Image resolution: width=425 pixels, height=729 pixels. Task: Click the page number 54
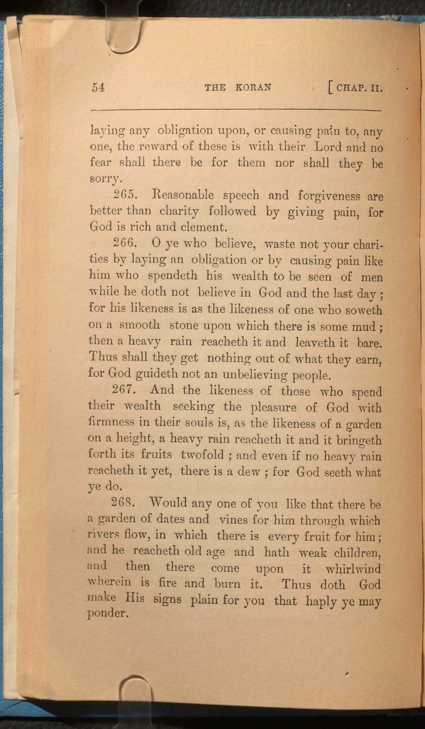coord(98,87)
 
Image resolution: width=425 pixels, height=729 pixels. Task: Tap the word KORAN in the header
coord(253,87)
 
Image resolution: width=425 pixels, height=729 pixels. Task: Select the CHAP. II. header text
coord(359,88)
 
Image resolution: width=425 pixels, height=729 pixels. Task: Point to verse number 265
coord(125,195)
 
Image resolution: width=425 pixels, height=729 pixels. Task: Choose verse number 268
coord(123,502)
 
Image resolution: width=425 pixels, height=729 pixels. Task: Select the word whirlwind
coord(353,569)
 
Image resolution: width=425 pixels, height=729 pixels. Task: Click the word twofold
coord(202,455)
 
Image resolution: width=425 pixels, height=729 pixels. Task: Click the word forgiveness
coord(329,196)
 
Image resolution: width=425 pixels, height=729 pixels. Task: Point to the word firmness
coord(111,423)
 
